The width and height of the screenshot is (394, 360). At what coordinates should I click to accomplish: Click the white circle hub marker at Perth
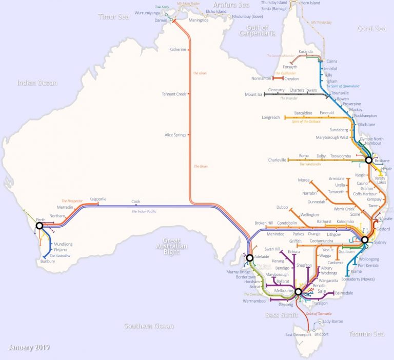coord(39,225)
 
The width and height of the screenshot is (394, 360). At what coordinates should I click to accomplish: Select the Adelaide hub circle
coord(249,258)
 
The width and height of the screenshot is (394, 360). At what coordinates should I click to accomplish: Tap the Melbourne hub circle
coord(299,292)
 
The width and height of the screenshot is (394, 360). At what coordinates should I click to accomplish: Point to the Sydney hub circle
coord(365,239)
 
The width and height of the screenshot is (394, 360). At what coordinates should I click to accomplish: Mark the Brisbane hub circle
coord(368,161)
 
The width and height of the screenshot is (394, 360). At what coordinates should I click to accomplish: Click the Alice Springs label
coord(175,135)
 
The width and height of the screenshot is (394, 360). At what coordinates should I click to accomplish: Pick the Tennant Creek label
coord(174,94)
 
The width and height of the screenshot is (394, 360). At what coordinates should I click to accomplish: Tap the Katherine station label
coord(178,50)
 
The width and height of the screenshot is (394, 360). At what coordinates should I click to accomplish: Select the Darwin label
coord(161,21)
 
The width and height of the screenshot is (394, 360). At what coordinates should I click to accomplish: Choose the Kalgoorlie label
coord(98,198)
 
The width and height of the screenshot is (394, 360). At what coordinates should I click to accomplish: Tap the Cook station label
coord(135,202)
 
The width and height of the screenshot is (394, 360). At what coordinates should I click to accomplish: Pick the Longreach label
coord(271,117)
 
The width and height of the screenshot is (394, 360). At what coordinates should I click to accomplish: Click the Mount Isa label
coord(253,94)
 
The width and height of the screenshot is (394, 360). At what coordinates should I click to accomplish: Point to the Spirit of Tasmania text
coord(319,313)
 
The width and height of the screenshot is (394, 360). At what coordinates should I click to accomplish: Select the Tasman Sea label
coord(366,334)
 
